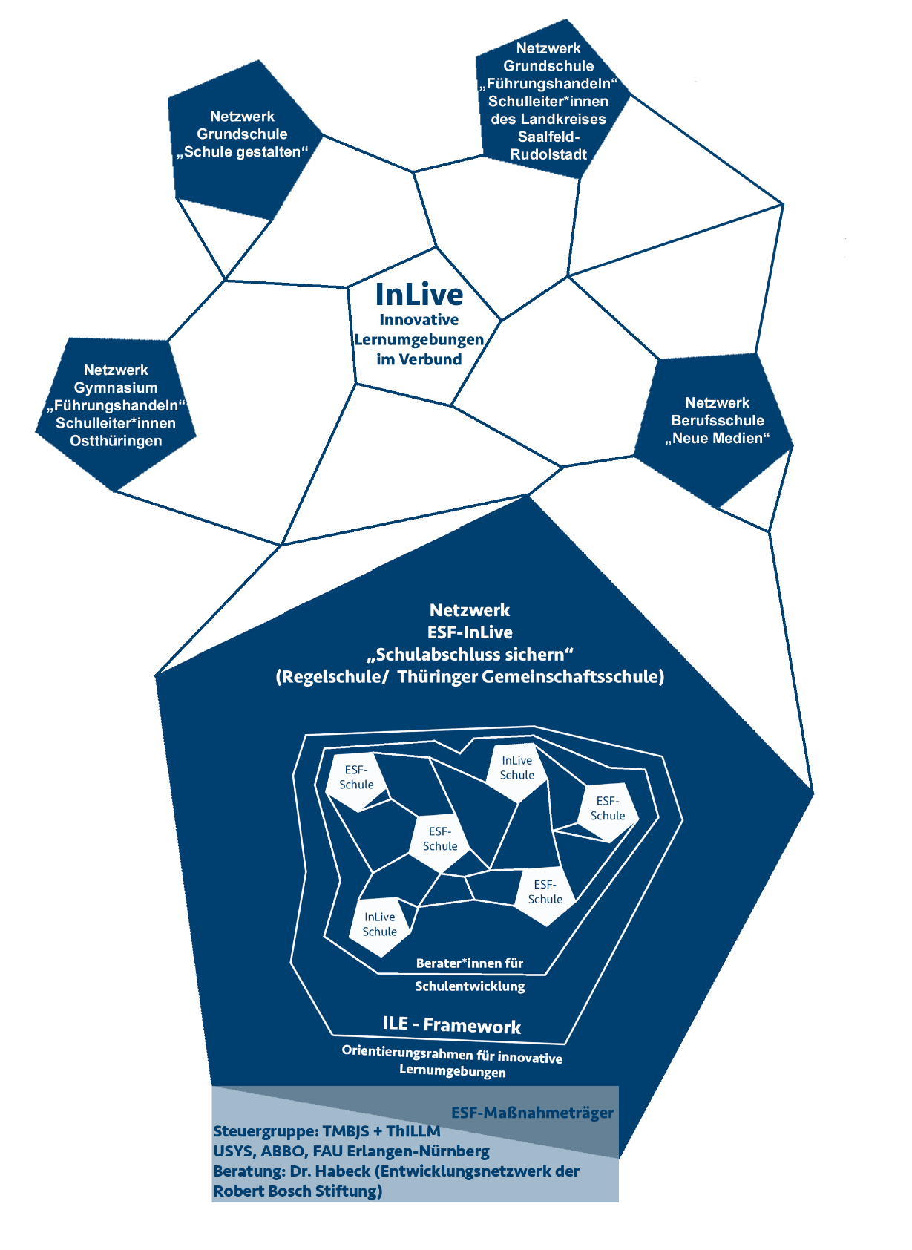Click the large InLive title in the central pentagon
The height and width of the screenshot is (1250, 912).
point(419,295)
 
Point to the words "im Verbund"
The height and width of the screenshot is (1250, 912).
point(419,359)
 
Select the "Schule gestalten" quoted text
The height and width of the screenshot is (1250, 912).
point(242,152)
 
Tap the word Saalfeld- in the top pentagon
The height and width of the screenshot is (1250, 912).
point(548,137)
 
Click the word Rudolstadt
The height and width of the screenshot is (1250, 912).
point(548,154)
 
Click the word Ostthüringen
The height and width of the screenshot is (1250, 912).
point(116,441)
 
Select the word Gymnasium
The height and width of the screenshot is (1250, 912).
point(116,387)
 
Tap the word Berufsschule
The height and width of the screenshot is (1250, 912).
point(717,420)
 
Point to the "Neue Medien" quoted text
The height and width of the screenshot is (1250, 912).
point(717,438)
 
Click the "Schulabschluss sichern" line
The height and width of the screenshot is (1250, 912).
point(470,655)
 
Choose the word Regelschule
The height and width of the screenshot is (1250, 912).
point(329,677)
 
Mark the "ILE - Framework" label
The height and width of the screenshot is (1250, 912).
point(452,1025)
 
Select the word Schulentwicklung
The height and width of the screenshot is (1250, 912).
point(470,986)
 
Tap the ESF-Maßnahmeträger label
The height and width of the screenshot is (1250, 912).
point(532,1113)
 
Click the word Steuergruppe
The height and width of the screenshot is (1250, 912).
point(265,1132)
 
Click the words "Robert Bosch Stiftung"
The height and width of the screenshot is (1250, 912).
point(298,1191)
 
